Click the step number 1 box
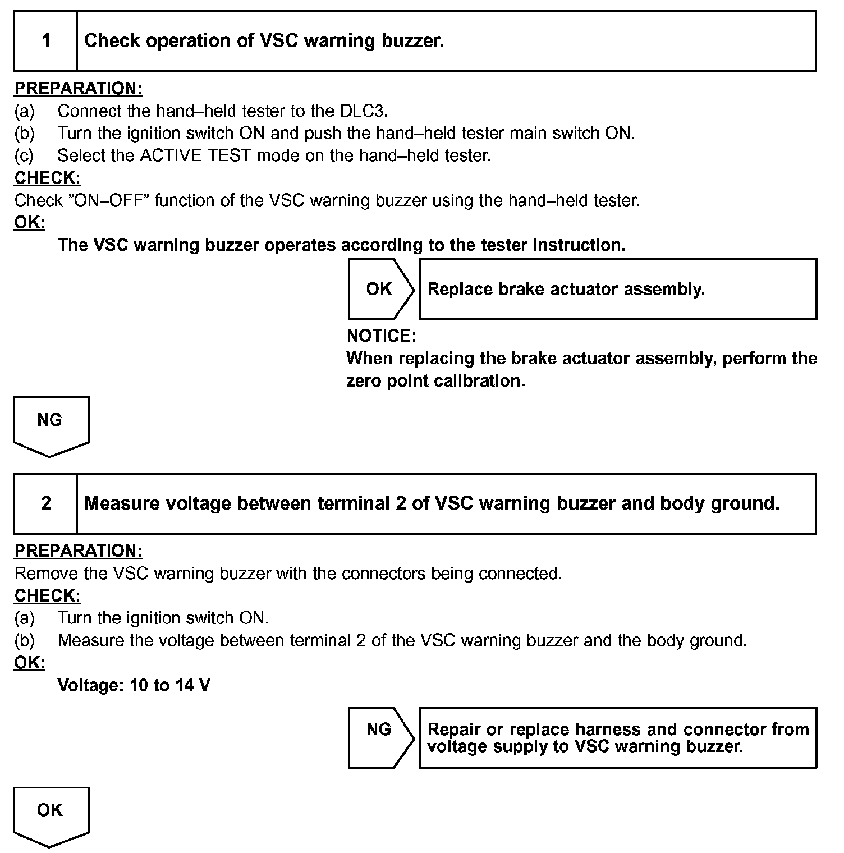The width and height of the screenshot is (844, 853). coord(45,40)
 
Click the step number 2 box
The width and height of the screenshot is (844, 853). coord(45,503)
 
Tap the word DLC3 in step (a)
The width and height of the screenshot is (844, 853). coord(363,111)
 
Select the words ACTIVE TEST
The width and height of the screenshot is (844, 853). coord(195,155)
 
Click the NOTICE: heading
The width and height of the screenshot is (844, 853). coord(382,336)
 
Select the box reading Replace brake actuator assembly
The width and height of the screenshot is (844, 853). coord(617,289)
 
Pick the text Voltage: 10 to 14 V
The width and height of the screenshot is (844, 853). coord(134,685)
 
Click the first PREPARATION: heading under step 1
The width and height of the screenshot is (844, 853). coord(78,89)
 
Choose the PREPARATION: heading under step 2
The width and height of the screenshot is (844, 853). coord(78,551)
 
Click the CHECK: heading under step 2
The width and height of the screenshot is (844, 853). coord(47,595)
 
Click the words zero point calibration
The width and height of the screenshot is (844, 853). coord(435,381)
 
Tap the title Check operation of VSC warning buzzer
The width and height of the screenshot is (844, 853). coord(264,40)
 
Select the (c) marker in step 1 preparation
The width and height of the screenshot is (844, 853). coord(24,155)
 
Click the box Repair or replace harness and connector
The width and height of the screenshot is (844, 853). coord(617,737)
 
